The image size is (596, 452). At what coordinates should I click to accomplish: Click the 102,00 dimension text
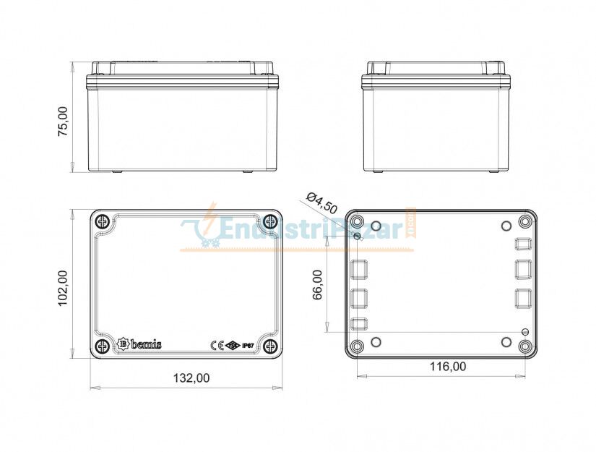click(63, 288)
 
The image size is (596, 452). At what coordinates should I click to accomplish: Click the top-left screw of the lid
click(103, 221)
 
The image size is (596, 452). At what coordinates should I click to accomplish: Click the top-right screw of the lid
click(270, 221)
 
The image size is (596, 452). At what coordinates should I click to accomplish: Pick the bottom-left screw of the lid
click(103, 346)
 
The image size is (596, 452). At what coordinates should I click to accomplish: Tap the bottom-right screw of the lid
click(270, 346)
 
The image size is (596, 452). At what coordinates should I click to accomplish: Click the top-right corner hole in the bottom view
click(525, 221)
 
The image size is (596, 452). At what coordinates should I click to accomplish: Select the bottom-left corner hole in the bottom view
click(358, 346)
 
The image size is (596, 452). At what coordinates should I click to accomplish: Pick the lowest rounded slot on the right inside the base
click(524, 297)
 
